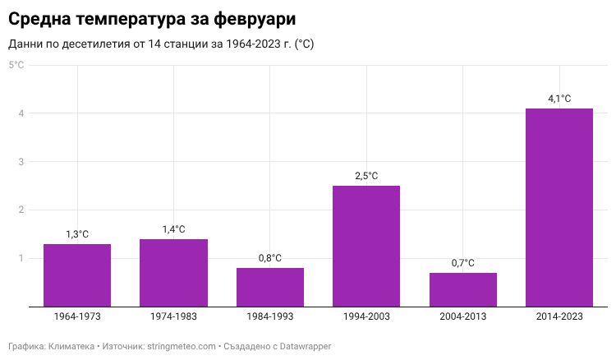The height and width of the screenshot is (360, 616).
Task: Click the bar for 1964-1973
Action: click(x=77, y=275)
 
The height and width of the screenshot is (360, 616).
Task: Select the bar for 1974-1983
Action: click(x=173, y=273)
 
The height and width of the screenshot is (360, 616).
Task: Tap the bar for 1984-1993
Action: click(x=270, y=287)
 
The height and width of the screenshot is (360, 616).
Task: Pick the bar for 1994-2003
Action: click(x=366, y=246)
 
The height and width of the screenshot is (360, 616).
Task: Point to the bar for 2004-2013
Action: click(x=462, y=289)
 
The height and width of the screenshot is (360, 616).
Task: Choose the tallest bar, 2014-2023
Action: click(x=559, y=207)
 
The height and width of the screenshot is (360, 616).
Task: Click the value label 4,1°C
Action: click(x=559, y=99)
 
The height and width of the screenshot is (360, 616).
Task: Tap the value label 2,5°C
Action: click(x=366, y=176)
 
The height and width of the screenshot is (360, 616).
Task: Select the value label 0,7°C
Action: click(x=462, y=263)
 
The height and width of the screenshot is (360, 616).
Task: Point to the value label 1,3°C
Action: click(x=77, y=234)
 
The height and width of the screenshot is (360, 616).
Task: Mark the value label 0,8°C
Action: click(x=270, y=258)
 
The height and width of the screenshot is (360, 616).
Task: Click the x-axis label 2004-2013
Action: click(x=462, y=316)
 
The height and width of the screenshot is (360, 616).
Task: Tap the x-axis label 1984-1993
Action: click(x=270, y=316)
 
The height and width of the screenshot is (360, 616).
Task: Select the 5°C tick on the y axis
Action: click(x=16, y=65)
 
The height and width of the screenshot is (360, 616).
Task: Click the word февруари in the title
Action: click(x=251, y=17)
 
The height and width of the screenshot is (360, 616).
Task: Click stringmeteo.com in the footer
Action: click(x=181, y=347)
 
